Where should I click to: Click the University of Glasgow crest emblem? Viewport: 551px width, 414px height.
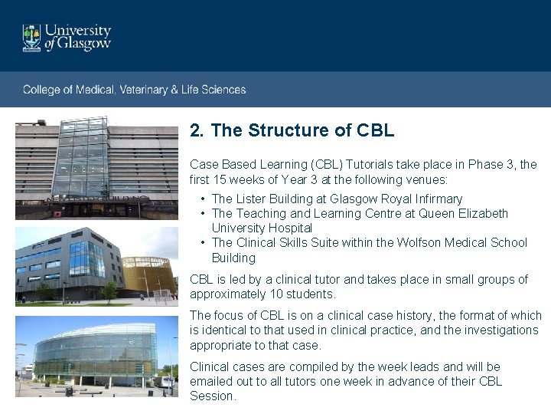(x=31, y=37)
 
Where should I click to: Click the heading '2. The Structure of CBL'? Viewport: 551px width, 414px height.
(x=292, y=131)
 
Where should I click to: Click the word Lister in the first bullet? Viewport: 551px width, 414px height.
(x=252, y=199)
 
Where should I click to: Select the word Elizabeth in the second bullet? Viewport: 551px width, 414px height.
(x=482, y=213)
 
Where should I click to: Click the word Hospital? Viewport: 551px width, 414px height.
(x=290, y=228)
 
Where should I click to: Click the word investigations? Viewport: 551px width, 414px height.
(x=500, y=330)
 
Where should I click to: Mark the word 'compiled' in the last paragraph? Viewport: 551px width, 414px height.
(x=306, y=366)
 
